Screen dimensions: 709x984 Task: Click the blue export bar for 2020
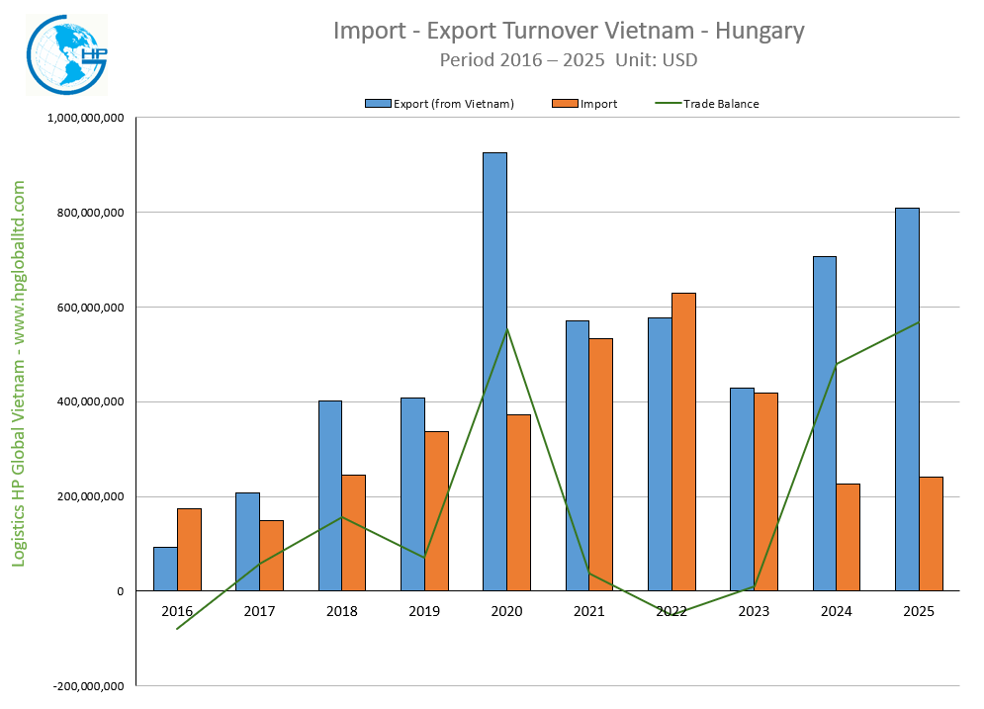coord(494,371)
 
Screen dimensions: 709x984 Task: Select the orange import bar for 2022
coord(683,442)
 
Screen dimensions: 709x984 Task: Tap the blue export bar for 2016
coord(165,569)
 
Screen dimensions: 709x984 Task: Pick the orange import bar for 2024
coord(849,537)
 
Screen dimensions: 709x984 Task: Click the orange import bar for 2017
coord(272,556)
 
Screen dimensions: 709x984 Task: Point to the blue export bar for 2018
coord(330,495)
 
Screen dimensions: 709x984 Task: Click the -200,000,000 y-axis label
coord(88,686)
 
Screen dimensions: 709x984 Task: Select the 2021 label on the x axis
coord(588,611)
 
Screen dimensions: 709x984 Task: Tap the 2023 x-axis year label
coord(754,611)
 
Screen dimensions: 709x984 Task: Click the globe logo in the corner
coord(67,54)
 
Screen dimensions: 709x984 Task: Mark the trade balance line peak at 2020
coord(506,329)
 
